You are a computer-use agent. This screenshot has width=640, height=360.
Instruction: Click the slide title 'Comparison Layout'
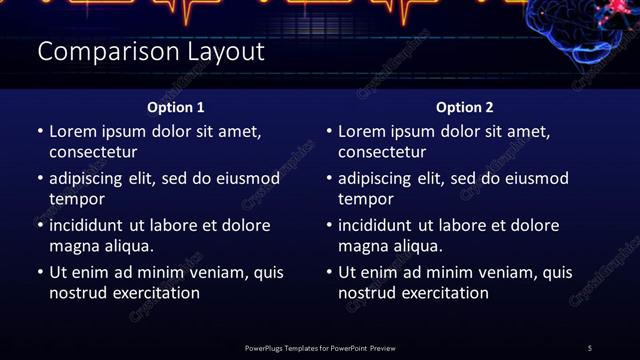click(150, 52)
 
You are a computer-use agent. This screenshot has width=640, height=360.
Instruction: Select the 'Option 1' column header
click(176, 107)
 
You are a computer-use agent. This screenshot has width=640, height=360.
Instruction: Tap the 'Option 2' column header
click(465, 107)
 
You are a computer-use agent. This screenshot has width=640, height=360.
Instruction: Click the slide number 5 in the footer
click(590, 348)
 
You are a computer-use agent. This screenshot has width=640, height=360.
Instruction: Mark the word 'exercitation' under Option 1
click(155, 293)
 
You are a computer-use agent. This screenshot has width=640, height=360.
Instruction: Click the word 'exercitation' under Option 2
click(444, 293)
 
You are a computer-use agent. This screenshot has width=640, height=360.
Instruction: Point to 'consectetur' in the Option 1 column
click(93, 152)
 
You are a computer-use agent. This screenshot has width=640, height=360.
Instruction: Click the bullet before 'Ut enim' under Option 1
click(40, 272)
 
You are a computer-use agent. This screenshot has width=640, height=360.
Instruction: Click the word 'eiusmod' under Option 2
click(536, 179)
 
